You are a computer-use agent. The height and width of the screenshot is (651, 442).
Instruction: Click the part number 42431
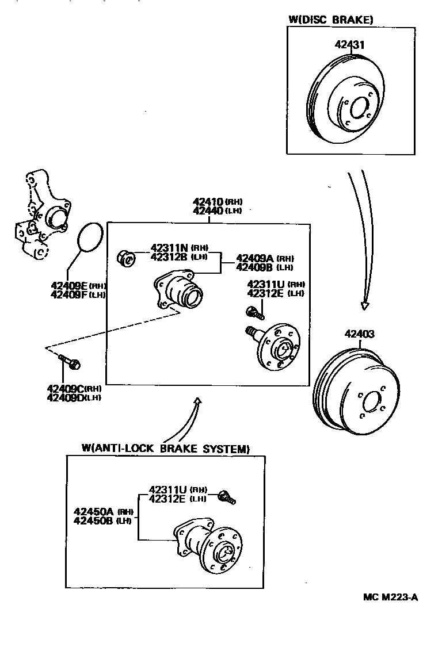coord(350,44)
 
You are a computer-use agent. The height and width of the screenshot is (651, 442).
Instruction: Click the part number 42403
coord(360,334)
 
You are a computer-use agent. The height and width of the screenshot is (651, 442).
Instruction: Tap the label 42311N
coord(169,248)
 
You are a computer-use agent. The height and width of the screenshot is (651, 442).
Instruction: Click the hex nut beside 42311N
coord(125,259)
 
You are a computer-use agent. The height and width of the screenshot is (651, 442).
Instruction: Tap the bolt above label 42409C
coord(71,362)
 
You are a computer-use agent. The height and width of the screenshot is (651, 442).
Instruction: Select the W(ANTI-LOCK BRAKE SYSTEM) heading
coord(166,449)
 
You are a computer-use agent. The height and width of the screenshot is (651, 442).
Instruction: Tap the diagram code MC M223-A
coord(390,597)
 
